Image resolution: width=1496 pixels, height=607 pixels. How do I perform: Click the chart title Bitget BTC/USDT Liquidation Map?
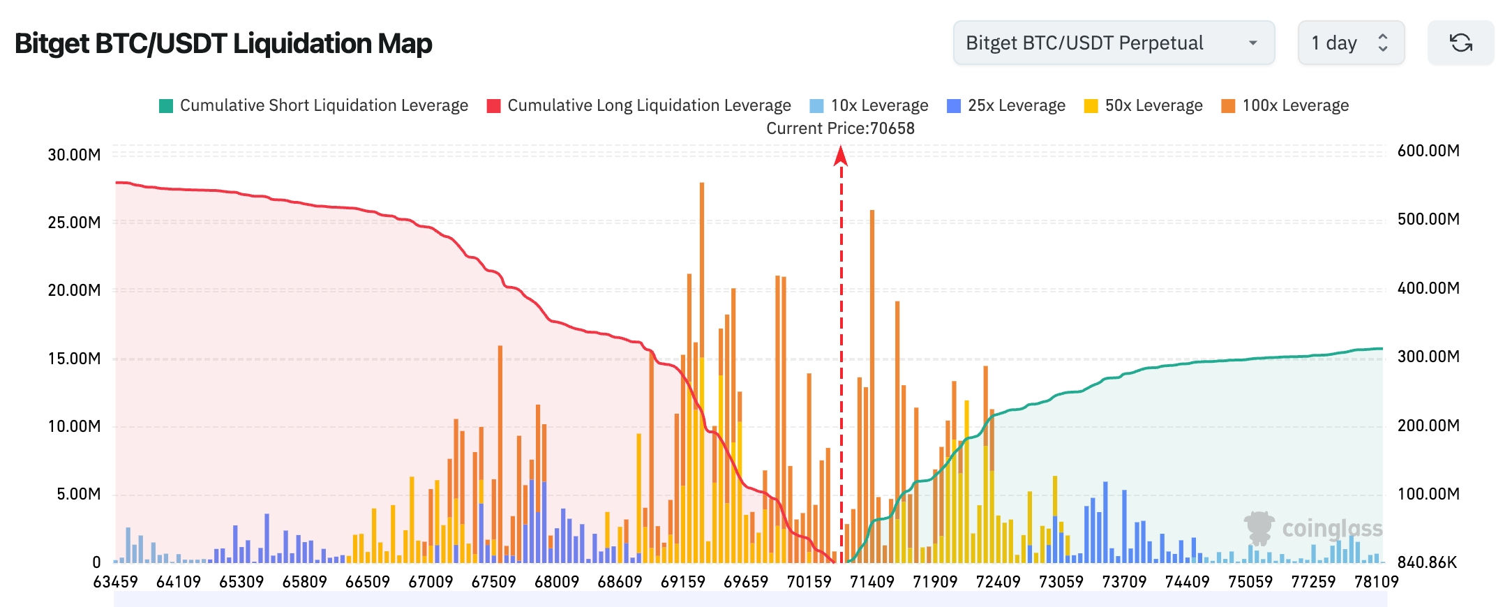(x=223, y=43)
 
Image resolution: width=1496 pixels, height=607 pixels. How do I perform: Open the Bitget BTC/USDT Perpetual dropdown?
(x=1113, y=43)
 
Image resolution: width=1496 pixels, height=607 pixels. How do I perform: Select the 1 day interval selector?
(x=1350, y=43)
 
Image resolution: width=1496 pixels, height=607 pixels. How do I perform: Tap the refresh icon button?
(x=1461, y=43)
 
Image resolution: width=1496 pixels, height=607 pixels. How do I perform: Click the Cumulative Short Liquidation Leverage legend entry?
(x=314, y=105)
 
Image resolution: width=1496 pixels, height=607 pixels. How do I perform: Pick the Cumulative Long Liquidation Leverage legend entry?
(x=639, y=105)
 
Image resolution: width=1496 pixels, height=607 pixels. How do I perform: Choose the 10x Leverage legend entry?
(x=869, y=105)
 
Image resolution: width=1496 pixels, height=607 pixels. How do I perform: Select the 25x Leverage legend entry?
(x=1006, y=105)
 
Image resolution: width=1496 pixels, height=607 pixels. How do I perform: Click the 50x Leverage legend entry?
(x=1144, y=105)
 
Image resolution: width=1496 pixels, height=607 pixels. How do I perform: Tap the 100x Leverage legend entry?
(x=1285, y=105)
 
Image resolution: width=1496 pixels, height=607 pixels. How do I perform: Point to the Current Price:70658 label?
(x=840, y=128)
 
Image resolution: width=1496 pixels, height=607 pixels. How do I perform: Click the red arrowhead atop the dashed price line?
(x=841, y=156)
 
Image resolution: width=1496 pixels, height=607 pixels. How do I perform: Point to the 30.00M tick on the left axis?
(x=74, y=155)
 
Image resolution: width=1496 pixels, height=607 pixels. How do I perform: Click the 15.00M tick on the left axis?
(x=74, y=359)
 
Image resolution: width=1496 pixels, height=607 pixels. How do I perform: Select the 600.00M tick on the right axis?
(x=1428, y=151)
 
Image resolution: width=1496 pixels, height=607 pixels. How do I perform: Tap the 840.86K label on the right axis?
(x=1427, y=562)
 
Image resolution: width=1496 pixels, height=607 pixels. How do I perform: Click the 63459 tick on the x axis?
(x=116, y=582)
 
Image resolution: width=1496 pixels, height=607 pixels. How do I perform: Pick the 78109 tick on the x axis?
(x=1376, y=582)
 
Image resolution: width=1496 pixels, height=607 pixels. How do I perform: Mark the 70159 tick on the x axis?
(x=809, y=582)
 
